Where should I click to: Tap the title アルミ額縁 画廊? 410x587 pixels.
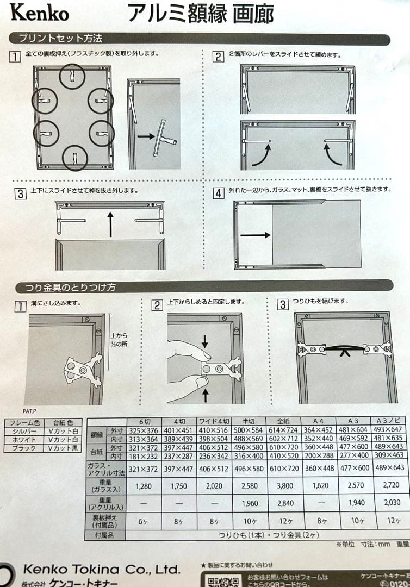click(201, 14)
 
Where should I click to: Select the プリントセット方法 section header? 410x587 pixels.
click(60, 39)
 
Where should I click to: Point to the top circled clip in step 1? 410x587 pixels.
click(72, 76)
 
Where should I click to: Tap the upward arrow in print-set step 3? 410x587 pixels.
click(111, 224)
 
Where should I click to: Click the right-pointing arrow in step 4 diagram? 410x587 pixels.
click(255, 235)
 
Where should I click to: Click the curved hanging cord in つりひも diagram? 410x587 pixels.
click(344, 347)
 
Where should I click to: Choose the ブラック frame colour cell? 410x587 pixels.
click(24, 448)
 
